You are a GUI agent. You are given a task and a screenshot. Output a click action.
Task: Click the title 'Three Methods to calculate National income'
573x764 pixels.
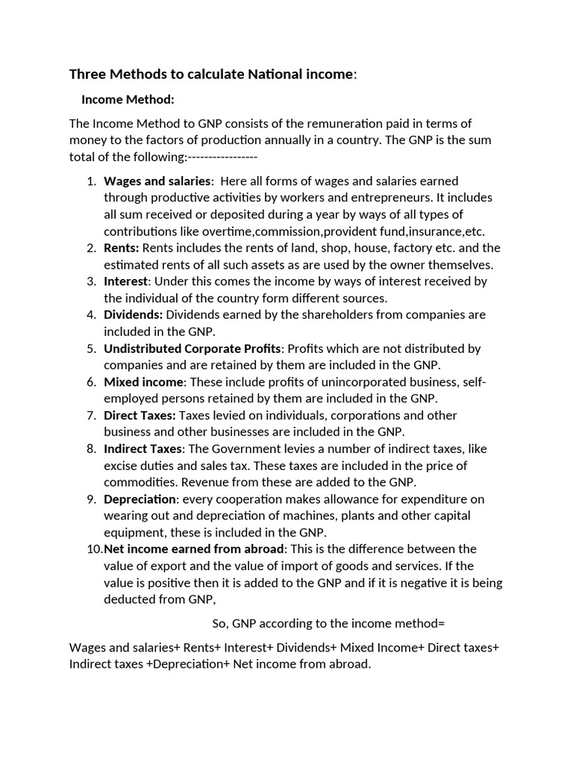212,74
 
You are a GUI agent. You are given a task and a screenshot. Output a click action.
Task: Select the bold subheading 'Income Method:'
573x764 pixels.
128,99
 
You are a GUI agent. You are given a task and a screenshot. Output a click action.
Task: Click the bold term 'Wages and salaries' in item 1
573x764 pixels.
157,181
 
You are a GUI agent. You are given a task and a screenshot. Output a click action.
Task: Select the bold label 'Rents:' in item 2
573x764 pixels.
122,248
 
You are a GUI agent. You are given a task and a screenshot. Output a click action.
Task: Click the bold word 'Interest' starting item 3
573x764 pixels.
126,281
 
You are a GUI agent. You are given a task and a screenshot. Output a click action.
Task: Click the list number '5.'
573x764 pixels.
92,348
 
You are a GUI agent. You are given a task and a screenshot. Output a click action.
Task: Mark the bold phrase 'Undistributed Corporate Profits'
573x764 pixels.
192,348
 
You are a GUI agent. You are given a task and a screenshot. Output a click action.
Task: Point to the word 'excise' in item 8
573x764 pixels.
122,466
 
